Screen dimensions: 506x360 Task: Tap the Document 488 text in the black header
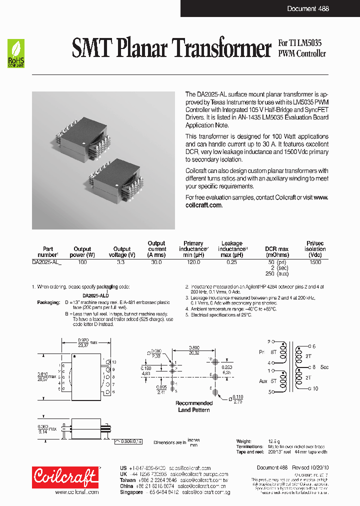click(x=308, y=8)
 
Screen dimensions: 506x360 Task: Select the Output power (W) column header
click(x=82, y=251)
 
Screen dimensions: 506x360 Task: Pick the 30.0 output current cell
click(x=156, y=262)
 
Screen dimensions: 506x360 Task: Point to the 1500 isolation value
click(x=315, y=262)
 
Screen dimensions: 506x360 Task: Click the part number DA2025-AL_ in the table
click(x=47, y=262)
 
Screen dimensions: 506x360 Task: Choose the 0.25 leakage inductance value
click(x=231, y=262)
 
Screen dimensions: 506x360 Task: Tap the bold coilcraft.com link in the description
click(x=203, y=205)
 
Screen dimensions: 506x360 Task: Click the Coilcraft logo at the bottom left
click(x=65, y=477)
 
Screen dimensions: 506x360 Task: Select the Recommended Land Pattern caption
click(x=194, y=406)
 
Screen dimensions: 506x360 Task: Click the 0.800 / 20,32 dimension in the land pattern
click(x=195, y=349)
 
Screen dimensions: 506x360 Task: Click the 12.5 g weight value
click(x=273, y=441)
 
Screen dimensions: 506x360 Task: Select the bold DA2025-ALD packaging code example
click(x=82, y=295)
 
